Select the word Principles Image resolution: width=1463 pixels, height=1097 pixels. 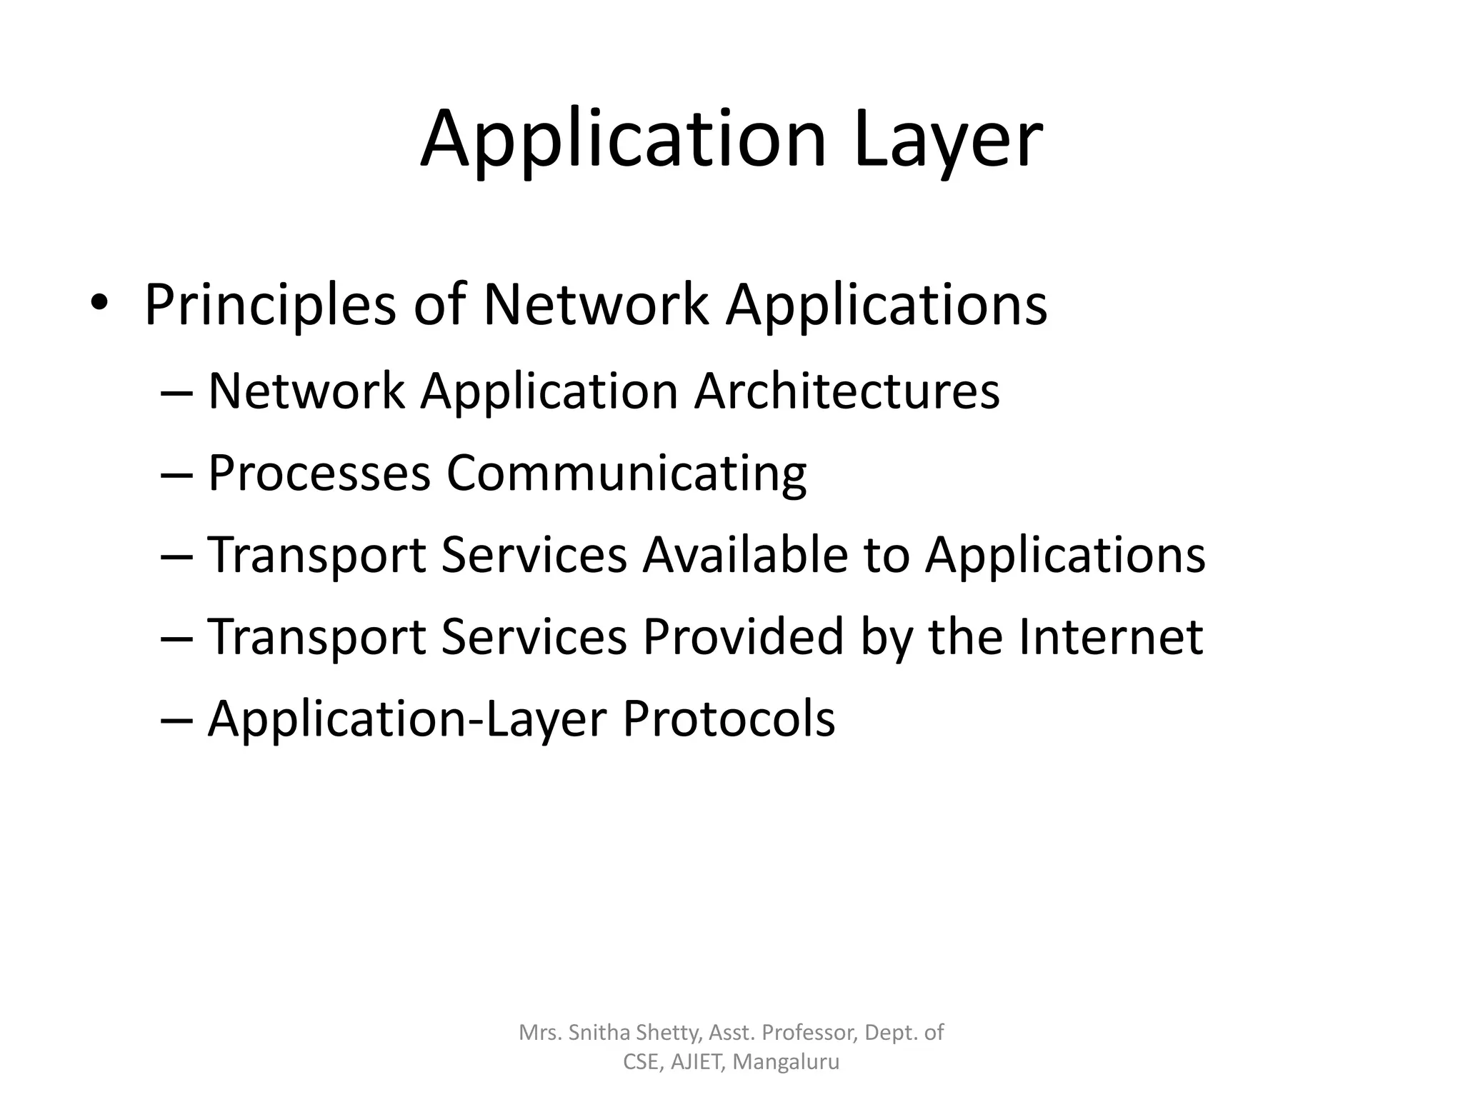[x=270, y=305]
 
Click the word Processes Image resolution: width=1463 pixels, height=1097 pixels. [x=319, y=473]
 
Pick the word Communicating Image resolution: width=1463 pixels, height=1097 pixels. [x=626, y=474]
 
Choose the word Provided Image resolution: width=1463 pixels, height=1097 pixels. [x=744, y=636]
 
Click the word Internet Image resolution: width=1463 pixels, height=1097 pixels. [x=1111, y=636]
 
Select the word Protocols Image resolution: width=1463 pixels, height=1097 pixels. [x=729, y=718]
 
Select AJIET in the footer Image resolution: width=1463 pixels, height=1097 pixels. [x=699, y=1062]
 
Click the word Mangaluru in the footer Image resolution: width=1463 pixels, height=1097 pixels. [x=787, y=1063]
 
